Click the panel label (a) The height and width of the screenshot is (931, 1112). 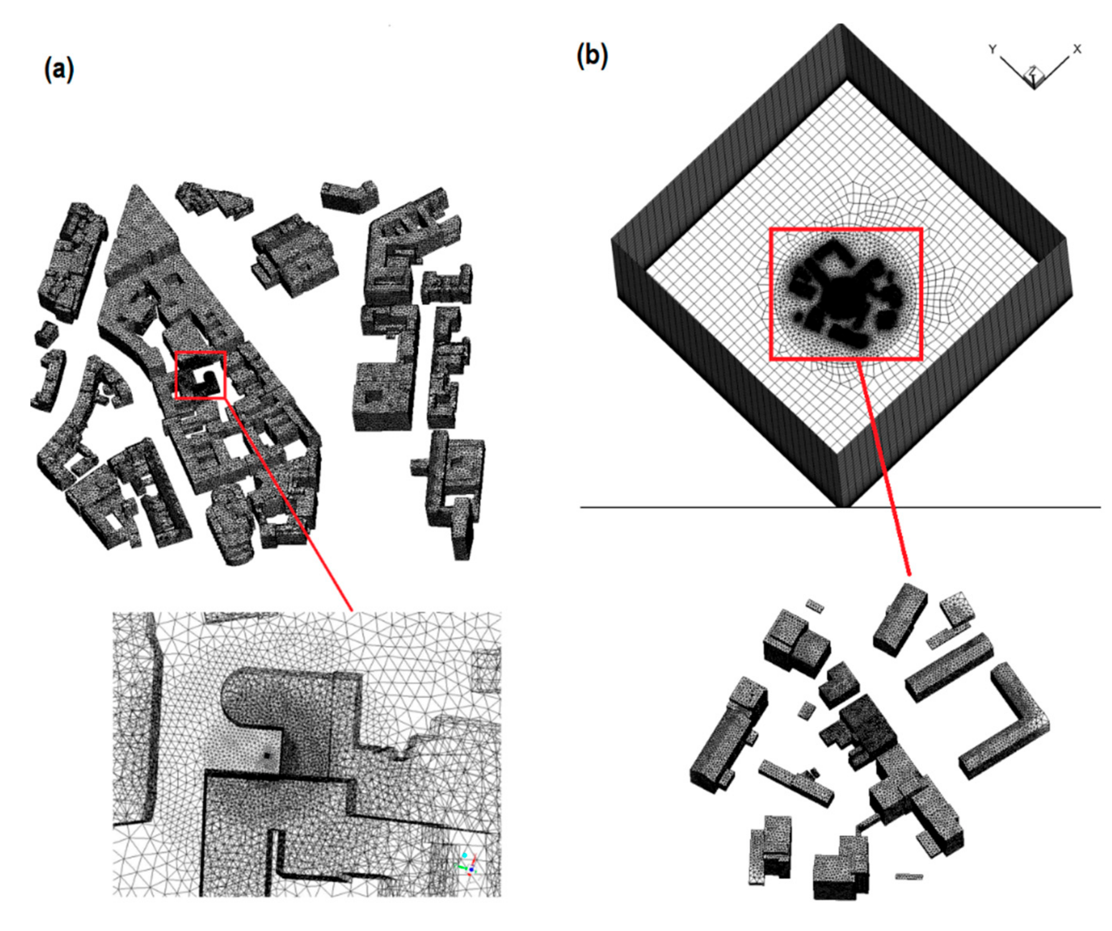(x=59, y=69)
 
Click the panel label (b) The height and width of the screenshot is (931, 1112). (x=592, y=56)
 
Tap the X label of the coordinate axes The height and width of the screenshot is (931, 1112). (x=1076, y=49)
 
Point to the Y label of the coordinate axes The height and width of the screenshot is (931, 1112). (x=993, y=49)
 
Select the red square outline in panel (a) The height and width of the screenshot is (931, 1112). (x=201, y=352)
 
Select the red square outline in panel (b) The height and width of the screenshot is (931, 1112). (x=845, y=229)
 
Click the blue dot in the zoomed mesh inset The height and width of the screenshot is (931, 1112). (x=471, y=870)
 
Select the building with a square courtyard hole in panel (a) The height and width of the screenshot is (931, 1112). (x=381, y=394)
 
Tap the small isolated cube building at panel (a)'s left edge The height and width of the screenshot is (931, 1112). (x=46, y=333)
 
